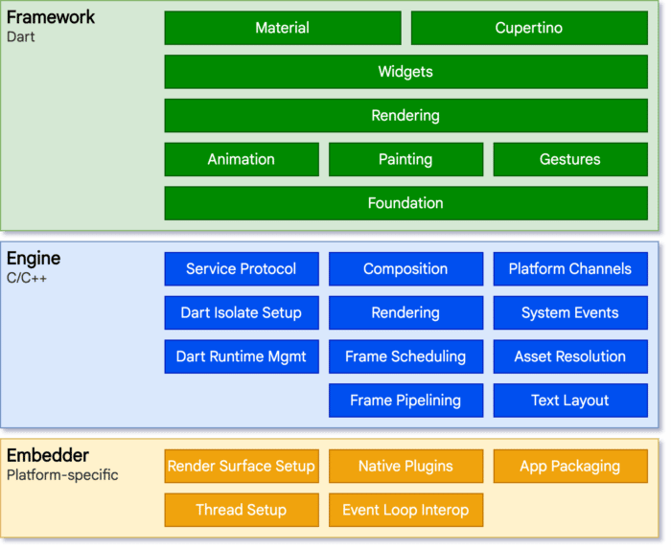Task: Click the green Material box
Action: click(x=283, y=28)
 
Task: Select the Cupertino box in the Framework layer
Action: click(x=529, y=28)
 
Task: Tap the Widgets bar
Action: click(x=405, y=72)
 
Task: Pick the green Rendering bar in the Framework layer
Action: click(x=405, y=116)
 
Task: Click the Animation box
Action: click(x=242, y=160)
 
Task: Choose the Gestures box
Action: click(x=570, y=160)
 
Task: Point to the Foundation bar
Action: click(x=405, y=203)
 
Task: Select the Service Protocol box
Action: click(x=242, y=269)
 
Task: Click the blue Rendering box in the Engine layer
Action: click(x=405, y=313)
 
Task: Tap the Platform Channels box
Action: click(x=570, y=269)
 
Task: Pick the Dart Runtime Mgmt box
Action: click(x=242, y=356)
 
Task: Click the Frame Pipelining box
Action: click(x=405, y=401)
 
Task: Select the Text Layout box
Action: click(x=570, y=401)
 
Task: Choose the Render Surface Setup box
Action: click(x=242, y=467)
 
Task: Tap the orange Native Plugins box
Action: click(x=405, y=467)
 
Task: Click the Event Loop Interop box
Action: click(x=405, y=510)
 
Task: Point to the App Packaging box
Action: click(x=570, y=467)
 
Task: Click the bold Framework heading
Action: click(x=51, y=18)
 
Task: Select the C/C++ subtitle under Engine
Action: click(x=27, y=278)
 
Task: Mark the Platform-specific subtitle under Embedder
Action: click(x=62, y=475)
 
